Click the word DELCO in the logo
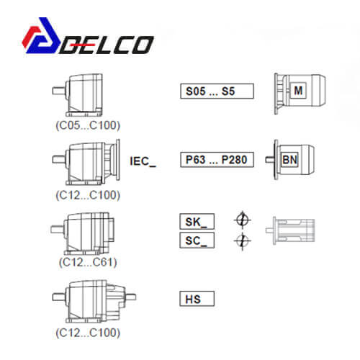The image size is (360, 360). (107, 45)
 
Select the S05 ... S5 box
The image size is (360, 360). (217, 91)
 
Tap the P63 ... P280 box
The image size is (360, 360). (217, 160)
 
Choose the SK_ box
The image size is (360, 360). (197, 221)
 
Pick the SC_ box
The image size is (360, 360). (197, 240)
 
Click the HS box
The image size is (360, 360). (197, 299)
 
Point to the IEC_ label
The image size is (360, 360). (143, 161)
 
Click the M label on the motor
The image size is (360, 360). (298, 91)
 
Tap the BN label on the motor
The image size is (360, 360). (289, 160)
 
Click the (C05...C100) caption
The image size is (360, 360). (88, 125)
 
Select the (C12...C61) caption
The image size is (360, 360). (88, 262)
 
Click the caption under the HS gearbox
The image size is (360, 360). (88, 333)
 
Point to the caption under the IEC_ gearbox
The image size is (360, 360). (88, 195)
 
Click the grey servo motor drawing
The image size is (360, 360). (290, 230)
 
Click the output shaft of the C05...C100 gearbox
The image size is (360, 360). (58, 91)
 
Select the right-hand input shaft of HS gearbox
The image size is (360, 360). (131, 297)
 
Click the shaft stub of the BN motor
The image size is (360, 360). (270, 160)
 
